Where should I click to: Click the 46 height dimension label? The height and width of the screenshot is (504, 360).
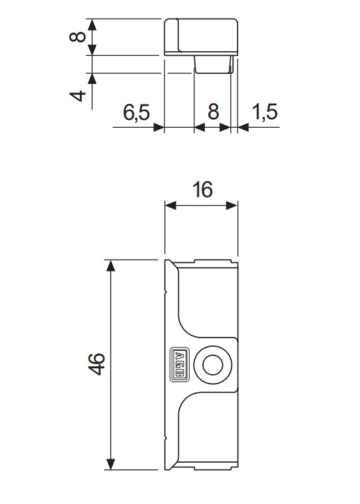click(x=96, y=365)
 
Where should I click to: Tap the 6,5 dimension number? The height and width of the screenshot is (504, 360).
click(x=136, y=113)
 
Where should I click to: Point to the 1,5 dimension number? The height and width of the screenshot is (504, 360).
click(x=264, y=113)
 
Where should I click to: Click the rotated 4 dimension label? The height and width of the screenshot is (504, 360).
click(x=79, y=95)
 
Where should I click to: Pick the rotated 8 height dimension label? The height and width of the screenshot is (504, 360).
click(x=79, y=35)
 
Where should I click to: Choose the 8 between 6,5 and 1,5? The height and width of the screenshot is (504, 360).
click(x=213, y=113)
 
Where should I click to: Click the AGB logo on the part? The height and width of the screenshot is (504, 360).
click(x=180, y=365)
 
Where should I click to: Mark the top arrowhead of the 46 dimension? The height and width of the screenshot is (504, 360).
click(x=111, y=266)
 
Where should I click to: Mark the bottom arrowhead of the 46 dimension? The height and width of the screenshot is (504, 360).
click(x=111, y=464)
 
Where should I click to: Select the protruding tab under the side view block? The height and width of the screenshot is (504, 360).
click(x=213, y=64)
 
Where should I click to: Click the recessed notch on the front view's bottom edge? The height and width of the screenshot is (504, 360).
click(x=213, y=467)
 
